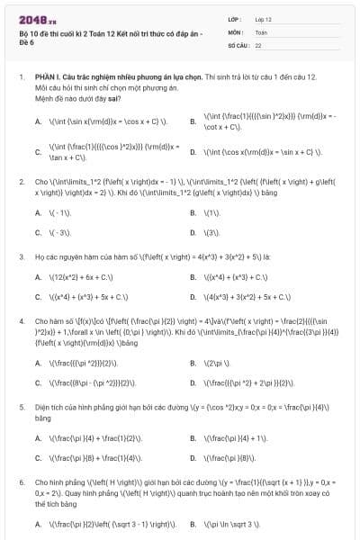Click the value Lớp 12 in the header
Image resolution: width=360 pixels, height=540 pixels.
tap(263, 19)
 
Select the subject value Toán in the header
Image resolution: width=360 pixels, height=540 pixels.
tap(261, 31)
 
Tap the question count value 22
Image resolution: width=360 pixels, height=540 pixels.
tap(258, 44)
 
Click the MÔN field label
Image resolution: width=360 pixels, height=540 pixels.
tap(236, 31)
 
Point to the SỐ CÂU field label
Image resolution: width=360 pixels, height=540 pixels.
tap(238, 44)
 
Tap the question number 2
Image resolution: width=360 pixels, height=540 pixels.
tap(21, 181)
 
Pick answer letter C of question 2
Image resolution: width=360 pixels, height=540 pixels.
tap(38, 232)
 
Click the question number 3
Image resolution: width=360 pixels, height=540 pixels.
tap(21, 256)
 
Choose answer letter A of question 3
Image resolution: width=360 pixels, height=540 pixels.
tap(38, 276)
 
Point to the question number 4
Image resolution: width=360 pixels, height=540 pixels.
tap(21, 320)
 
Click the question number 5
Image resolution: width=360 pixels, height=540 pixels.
tap(21, 407)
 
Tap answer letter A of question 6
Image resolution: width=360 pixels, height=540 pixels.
tap(38, 522)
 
